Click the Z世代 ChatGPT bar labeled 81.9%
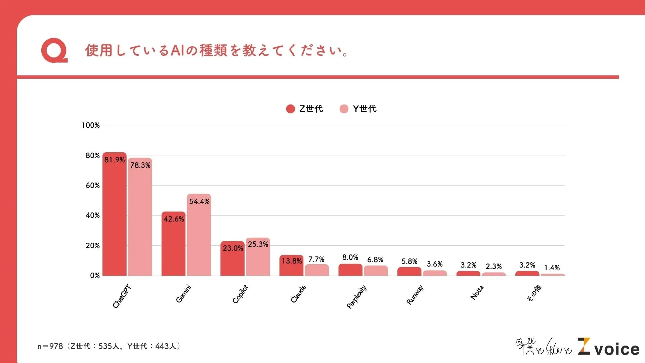(x=114, y=215)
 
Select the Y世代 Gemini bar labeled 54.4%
(x=199, y=235)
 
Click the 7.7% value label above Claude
(x=316, y=259)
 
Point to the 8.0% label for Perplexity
(x=350, y=257)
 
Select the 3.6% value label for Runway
(x=434, y=264)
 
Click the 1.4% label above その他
(x=552, y=268)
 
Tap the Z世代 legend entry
(x=304, y=109)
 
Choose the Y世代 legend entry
(x=358, y=109)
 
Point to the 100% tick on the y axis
(x=91, y=125)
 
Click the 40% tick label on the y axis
(x=92, y=215)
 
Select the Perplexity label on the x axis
(x=356, y=297)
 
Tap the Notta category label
(x=477, y=292)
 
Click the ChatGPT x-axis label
(x=122, y=296)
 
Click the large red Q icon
(x=54, y=50)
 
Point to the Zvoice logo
(x=608, y=347)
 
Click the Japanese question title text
(x=217, y=50)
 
